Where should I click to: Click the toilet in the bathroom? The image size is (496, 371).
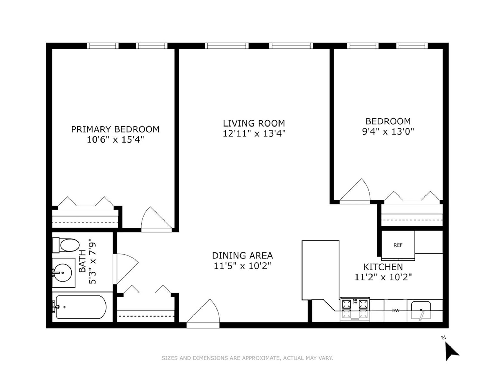tap(66, 245)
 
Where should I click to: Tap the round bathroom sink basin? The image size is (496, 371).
tap(62, 273)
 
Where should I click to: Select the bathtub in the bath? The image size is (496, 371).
tap(81, 307)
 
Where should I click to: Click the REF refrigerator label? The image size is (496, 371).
tap(398, 245)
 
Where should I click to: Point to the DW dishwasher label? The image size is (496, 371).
tap(395, 311)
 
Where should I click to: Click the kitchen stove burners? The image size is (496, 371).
tap(355, 309)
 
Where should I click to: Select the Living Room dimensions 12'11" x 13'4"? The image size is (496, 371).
tap(254, 133)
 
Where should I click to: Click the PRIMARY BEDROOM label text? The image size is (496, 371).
tap(115, 129)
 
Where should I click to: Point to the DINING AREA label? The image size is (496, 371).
tap(242, 256)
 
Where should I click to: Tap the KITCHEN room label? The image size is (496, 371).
tap(383, 267)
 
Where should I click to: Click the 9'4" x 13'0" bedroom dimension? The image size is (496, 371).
tap(388, 132)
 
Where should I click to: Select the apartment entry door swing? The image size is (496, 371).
tap(203, 313)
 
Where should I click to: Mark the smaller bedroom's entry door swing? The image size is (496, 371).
tap(355, 191)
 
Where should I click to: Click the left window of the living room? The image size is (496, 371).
tap(227, 46)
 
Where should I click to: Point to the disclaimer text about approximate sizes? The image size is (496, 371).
tap(247, 358)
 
